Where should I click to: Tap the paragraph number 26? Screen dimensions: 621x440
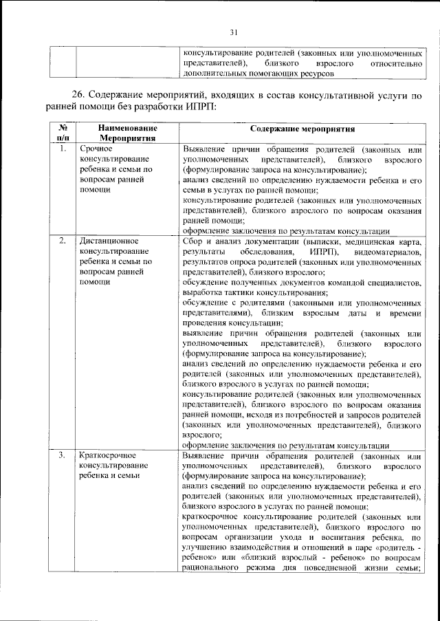(x=80, y=95)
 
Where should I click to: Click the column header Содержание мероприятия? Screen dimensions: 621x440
(x=302, y=128)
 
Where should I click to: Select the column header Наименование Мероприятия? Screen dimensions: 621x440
(x=128, y=133)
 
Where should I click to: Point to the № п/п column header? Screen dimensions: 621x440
(x=63, y=133)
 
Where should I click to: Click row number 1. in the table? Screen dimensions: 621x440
(x=63, y=149)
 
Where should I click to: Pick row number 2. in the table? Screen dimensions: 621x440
(x=63, y=241)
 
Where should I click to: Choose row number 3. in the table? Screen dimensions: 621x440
(x=63, y=455)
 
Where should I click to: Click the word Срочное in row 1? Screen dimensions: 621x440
(x=94, y=149)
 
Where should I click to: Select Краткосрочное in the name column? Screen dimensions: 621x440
(x=109, y=455)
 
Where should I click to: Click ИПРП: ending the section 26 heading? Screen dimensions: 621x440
(x=200, y=107)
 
